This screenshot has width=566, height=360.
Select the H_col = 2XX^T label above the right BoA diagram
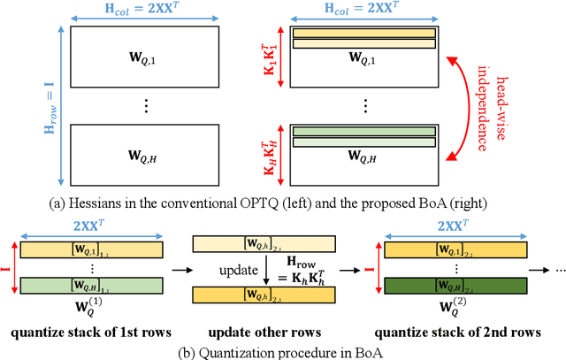(x=366, y=11)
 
